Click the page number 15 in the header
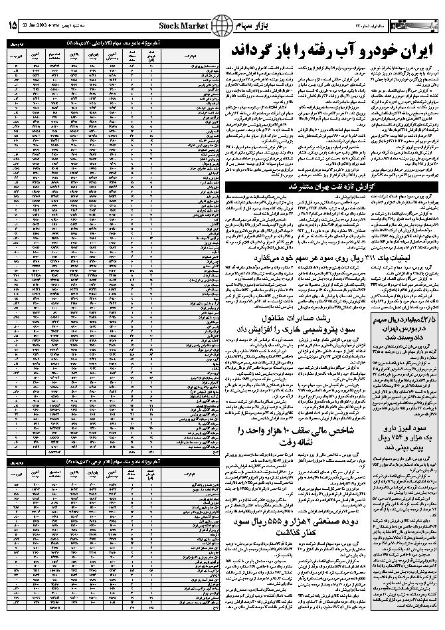coord(13,26)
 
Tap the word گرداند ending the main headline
coord(250,51)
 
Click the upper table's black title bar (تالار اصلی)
coord(114,44)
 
